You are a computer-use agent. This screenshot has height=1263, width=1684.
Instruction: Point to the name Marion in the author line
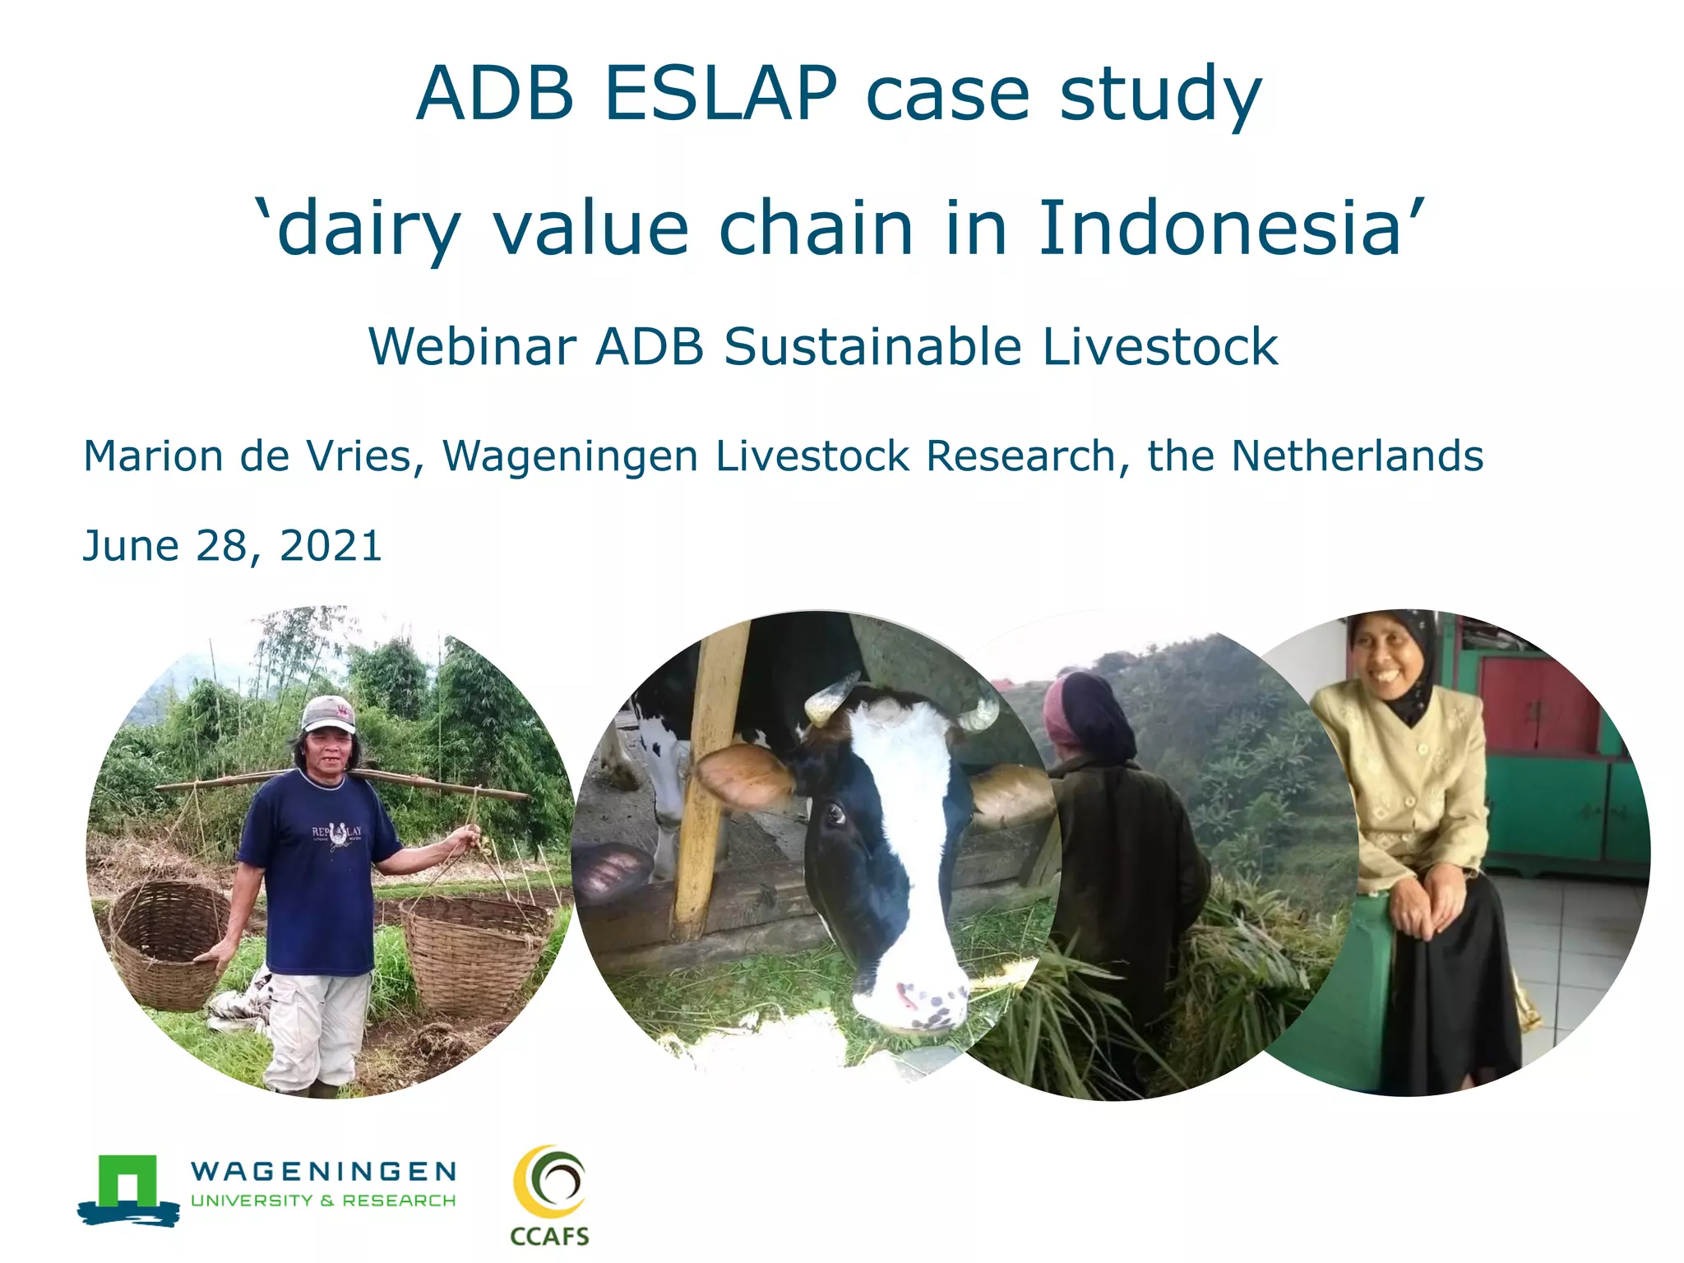tap(153, 456)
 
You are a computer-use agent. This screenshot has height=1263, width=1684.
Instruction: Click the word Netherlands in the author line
tap(1357, 456)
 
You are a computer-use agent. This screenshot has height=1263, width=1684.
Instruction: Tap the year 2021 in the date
tap(331, 546)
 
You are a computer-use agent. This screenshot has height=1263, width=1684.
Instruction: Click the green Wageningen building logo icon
tap(128, 1188)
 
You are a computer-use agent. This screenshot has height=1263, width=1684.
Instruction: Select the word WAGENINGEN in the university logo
tap(323, 1171)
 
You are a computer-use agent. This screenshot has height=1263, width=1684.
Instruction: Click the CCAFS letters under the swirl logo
tap(549, 1236)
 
